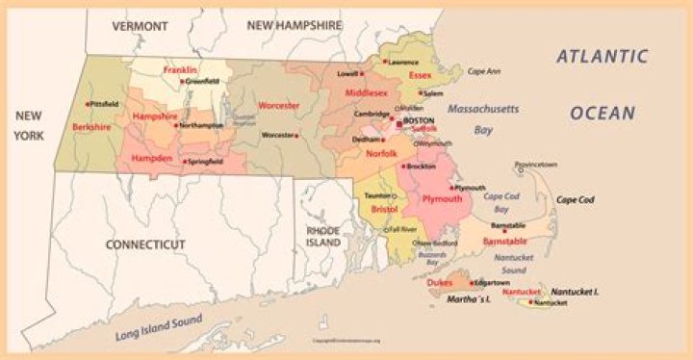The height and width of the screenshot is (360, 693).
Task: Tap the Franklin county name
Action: click(180, 70)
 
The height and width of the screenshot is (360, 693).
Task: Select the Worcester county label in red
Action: click(279, 105)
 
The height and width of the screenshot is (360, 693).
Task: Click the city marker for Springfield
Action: click(187, 161)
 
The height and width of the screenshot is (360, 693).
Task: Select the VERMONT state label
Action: click(140, 26)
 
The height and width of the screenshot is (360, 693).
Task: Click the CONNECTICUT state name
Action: click(144, 245)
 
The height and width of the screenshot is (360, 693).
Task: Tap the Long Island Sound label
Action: click(159, 327)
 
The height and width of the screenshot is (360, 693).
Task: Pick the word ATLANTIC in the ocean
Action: click(603, 57)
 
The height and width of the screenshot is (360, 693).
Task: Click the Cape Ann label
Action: click(484, 72)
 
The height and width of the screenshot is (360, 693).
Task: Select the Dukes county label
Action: click(440, 283)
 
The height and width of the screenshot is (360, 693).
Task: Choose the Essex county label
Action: click(420, 75)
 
